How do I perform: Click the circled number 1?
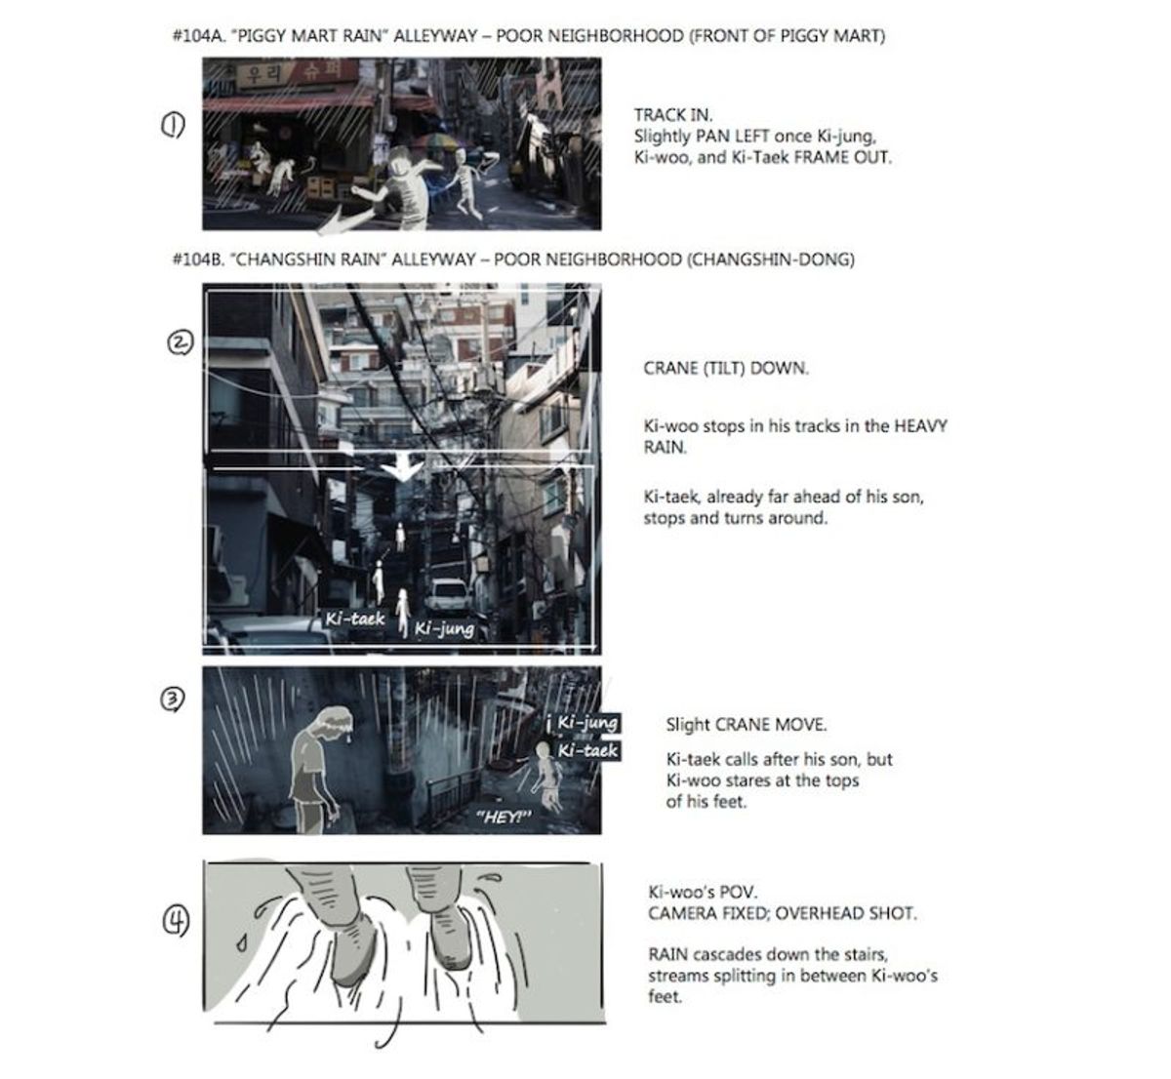point(173,126)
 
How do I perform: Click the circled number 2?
point(180,342)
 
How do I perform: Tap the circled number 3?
point(172,699)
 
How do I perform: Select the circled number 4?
point(176,921)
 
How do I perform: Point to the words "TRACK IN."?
point(673,115)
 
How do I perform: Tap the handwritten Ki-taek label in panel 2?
point(355,619)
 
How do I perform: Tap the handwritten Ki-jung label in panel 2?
point(444,629)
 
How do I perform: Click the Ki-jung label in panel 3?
point(587,723)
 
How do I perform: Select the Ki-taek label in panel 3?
point(587,750)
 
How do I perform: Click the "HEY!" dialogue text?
point(504,817)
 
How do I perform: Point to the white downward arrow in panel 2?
point(403,469)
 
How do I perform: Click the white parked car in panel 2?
point(448,594)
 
